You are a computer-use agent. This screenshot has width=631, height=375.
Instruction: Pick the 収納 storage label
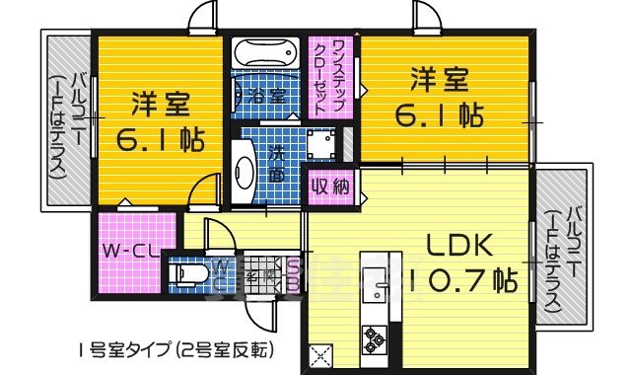330,185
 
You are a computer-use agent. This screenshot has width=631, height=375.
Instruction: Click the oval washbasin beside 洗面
244,174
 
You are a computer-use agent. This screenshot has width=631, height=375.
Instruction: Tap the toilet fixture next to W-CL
187,271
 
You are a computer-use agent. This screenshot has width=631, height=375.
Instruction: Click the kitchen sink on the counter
376,281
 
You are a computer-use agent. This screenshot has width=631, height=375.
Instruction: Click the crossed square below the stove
320,355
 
